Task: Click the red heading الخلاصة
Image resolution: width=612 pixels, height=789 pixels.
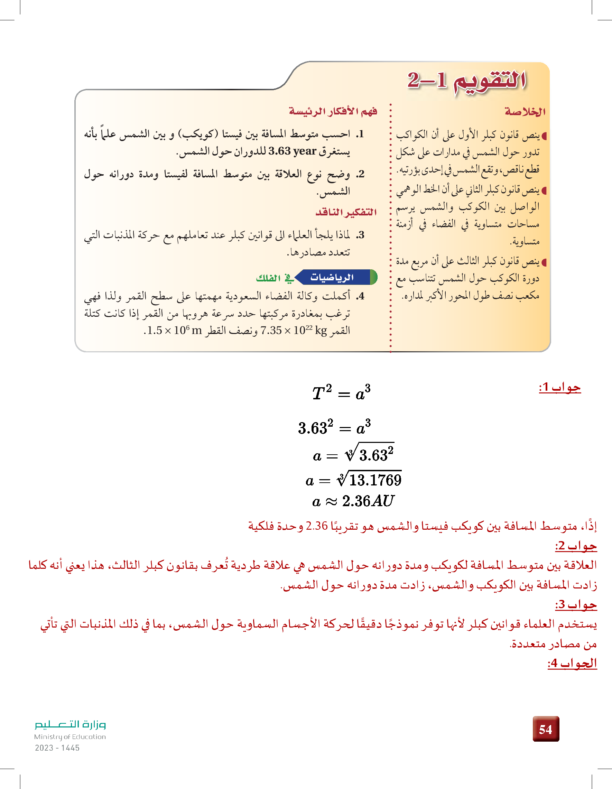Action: (525, 112)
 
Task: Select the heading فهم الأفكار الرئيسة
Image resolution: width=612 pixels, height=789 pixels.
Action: (333, 111)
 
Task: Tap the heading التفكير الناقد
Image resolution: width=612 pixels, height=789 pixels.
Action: (346, 212)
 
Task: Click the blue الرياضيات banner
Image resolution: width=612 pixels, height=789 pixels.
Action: (332, 277)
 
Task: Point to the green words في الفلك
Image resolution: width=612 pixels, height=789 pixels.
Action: (274, 278)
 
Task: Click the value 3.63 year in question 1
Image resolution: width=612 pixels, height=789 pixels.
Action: (292, 151)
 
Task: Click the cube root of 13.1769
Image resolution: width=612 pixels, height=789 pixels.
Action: (369, 480)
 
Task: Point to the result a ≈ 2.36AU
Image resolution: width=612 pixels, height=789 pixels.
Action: (353, 501)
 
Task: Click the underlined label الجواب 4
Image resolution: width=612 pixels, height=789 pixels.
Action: (572, 663)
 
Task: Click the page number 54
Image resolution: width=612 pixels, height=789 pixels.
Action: (546, 729)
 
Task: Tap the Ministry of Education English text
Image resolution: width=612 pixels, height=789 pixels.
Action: (70, 736)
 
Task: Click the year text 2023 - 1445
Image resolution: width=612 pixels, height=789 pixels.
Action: (57, 748)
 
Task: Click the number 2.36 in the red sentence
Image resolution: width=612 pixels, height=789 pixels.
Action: (316, 526)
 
